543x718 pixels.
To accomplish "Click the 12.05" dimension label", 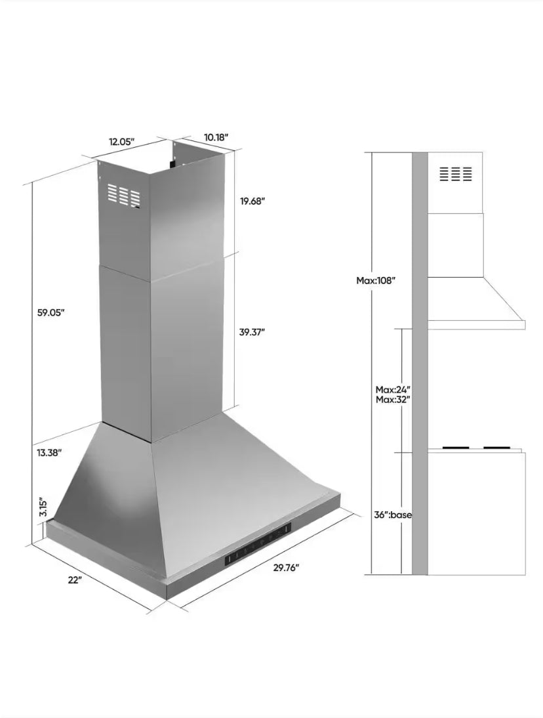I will click(x=121, y=141).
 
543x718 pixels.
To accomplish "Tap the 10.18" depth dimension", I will click(x=216, y=137).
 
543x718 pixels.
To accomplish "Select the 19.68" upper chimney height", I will click(x=252, y=201).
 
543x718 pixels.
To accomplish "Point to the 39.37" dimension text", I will click(x=252, y=332).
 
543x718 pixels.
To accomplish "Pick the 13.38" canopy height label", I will click(x=50, y=452).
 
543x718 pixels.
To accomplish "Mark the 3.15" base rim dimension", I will click(x=42, y=507).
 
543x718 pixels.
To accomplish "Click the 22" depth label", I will click(x=74, y=580).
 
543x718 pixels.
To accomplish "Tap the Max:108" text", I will click(x=376, y=280).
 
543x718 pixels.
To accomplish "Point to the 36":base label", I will click(x=393, y=515).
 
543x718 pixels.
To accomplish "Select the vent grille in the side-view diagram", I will click(x=456, y=174).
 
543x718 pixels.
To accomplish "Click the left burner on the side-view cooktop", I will click(x=459, y=449).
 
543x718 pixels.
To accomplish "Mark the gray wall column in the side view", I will click(x=420, y=361).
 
